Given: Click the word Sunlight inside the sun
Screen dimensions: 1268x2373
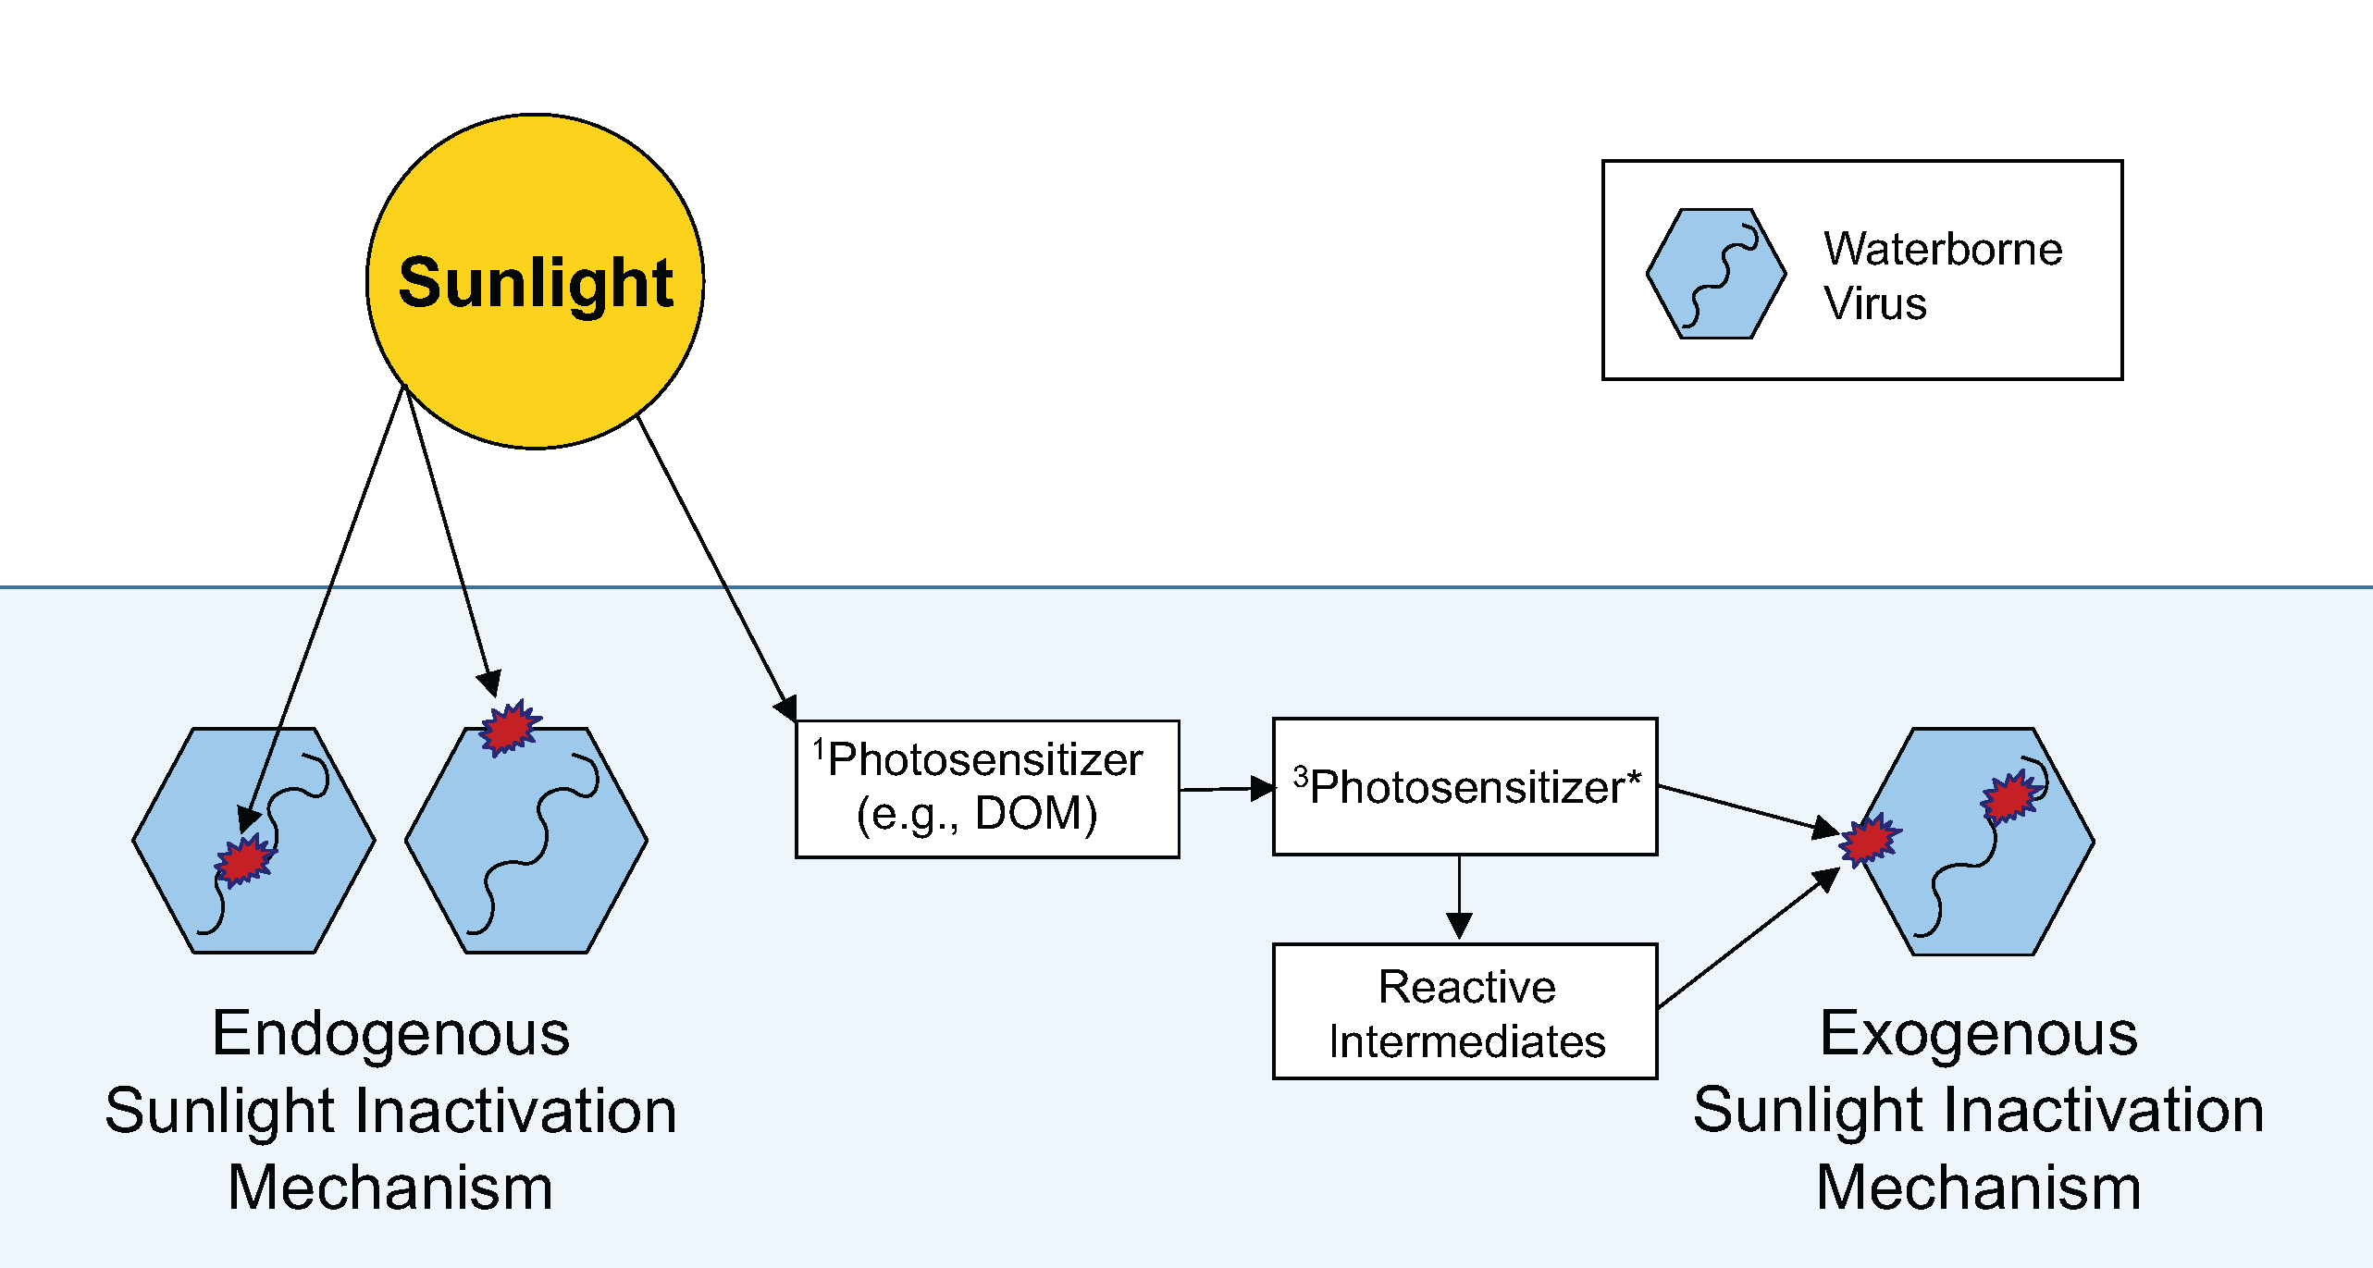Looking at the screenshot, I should [535, 282].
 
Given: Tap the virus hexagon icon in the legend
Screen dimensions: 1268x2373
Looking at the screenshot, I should [1716, 274].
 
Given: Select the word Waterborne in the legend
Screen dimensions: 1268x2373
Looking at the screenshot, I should [1943, 249].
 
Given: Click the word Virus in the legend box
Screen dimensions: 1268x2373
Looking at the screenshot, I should [1875, 303].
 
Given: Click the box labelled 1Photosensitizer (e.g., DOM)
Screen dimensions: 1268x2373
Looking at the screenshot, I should [987, 789].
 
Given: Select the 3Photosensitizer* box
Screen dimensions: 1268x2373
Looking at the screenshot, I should [1465, 787].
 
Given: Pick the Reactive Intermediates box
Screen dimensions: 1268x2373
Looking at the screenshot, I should [1465, 1012].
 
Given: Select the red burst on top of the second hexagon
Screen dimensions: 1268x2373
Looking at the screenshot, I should [509, 728].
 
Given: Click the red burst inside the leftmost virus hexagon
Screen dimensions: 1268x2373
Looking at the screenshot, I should [245, 860].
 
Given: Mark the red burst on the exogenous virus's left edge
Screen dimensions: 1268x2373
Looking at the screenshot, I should [1870, 840].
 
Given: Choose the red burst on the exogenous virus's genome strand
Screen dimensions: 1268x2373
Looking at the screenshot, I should [2009, 797].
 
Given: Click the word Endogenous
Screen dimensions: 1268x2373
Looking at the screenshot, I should [390, 1033].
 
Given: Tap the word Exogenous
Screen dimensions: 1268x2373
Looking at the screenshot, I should [1978, 1033].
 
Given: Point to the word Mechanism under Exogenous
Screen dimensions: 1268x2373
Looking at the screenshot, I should [1978, 1188].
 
